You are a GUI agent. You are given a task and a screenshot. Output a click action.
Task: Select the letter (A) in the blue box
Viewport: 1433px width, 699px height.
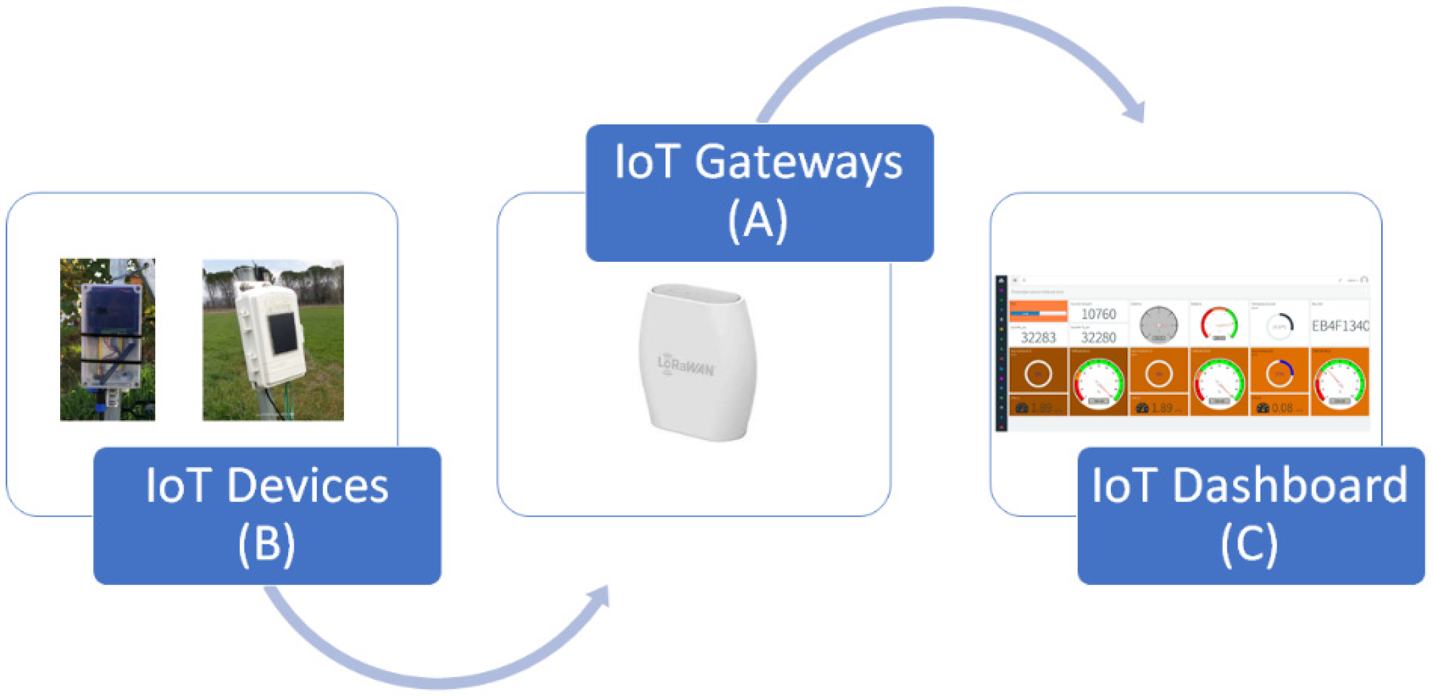[x=758, y=221]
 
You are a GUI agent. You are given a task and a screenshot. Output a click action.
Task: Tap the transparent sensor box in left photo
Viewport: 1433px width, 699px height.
[x=110, y=336]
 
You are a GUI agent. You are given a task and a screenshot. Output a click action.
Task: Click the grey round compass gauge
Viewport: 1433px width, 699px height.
[x=1159, y=325]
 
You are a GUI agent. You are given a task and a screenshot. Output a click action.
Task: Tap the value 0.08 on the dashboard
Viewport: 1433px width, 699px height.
[x=1282, y=408]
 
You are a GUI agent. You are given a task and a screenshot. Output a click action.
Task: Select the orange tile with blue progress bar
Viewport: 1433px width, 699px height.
[x=1038, y=311]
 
